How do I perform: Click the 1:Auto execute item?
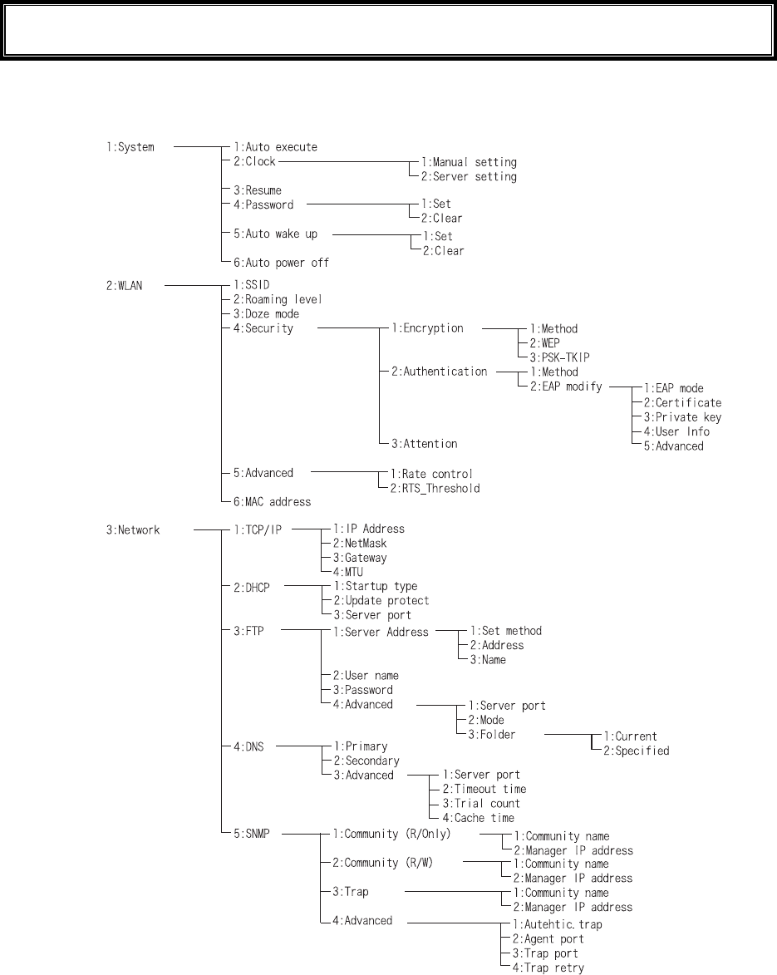269,148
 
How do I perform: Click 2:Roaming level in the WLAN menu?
272,299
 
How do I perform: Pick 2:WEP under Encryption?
553,343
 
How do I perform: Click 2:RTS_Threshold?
431,488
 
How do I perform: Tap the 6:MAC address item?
272,502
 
